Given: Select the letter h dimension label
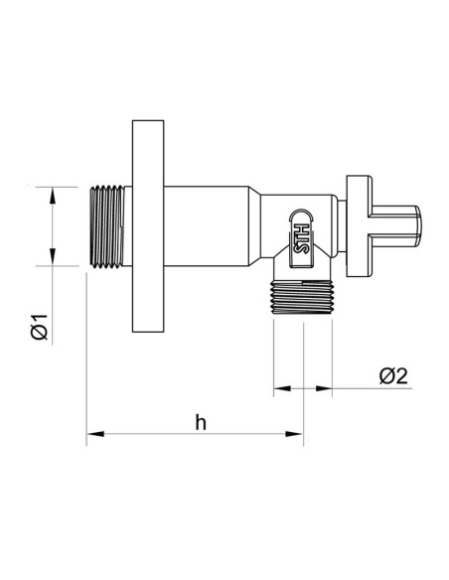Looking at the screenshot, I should pyautogui.click(x=200, y=421).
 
